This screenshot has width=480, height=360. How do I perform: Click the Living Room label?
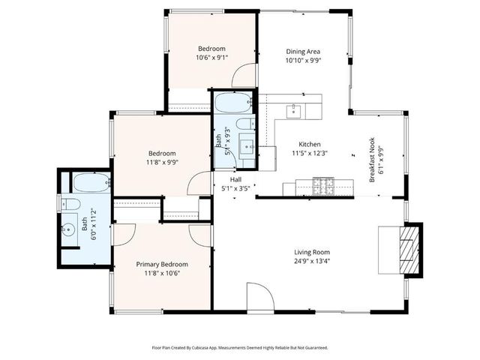tap(311, 252)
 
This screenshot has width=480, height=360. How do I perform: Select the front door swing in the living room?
tap(256, 297)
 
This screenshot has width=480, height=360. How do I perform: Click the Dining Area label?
tap(303, 52)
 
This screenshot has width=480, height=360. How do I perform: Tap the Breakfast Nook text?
tap(371, 160)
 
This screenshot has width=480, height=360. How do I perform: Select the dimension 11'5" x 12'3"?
tap(310, 153)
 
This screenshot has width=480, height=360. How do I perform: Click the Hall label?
tap(235, 179)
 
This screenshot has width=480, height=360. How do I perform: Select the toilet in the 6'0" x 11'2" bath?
tap(72, 204)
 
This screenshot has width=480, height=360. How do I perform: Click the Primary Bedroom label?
tap(161, 264)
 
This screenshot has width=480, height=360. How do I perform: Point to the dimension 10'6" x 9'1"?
tap(211, 57)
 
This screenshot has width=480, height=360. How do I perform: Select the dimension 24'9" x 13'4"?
tap(311, 262)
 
